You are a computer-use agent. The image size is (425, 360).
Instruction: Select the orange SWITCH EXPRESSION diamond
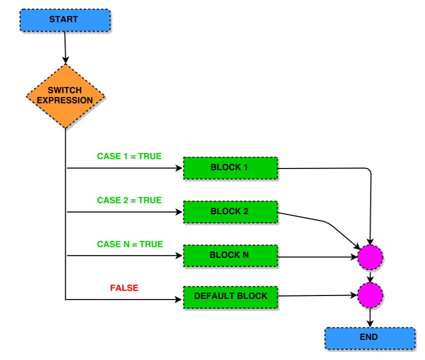(65, 95)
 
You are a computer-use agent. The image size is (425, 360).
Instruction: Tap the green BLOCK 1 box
(230, 167)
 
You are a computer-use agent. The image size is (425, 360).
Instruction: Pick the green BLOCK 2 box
(230, 211)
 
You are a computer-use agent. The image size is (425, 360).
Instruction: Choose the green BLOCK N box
(230, 255)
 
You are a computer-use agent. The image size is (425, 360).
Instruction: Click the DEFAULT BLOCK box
(230, 296)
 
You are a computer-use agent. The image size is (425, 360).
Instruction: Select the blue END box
(369, 338)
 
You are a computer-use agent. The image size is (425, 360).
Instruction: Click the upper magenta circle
(370, 257)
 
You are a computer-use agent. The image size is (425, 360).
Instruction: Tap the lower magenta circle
(370, 295)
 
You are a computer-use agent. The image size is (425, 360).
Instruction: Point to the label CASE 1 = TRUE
(129, 156)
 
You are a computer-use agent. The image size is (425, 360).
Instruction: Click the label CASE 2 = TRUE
(129, 200)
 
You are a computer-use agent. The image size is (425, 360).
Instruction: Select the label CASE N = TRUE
(129, 244)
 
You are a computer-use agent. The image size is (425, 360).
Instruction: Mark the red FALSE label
(124, 288)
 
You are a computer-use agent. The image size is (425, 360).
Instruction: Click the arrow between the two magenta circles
(370, 276)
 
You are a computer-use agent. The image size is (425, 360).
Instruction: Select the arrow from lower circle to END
(370, 317)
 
